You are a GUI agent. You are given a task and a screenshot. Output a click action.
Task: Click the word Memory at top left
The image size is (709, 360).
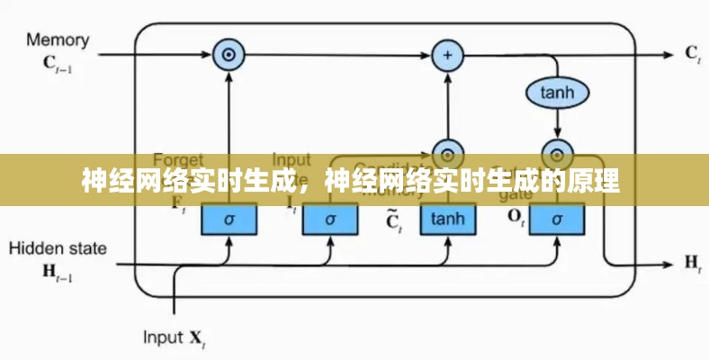pyautogui.click(x=58, y=40)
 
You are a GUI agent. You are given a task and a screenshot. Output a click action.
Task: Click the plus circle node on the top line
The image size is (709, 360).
pyautogui.click(x=446, y=56)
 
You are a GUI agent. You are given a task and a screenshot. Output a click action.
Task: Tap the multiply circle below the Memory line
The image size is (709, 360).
pyautogui.click(x=229, y=56)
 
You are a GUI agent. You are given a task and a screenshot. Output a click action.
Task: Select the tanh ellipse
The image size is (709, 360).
pyautogui.click(x=557, y=91)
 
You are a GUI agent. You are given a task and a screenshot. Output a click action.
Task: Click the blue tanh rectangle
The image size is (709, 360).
pyautogui.click(x=446, y=219)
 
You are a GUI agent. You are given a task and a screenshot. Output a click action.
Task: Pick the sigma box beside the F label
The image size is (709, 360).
pyautogui.click(x=229, y=219)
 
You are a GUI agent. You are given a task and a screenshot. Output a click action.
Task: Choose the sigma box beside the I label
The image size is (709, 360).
pyautogui.click(x=329, y=219)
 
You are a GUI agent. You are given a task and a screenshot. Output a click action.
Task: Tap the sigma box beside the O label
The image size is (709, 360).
pyautogui.click(x=557, y=219)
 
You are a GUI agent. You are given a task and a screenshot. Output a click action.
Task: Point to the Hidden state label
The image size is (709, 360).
pyautogui.click(x=57, y=248)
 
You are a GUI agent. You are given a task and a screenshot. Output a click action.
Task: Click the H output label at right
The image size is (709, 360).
pyautogui.click(x=692, y=263)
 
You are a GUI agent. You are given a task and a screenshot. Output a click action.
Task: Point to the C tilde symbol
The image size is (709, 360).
pyautogui.click(x=392, y=220)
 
